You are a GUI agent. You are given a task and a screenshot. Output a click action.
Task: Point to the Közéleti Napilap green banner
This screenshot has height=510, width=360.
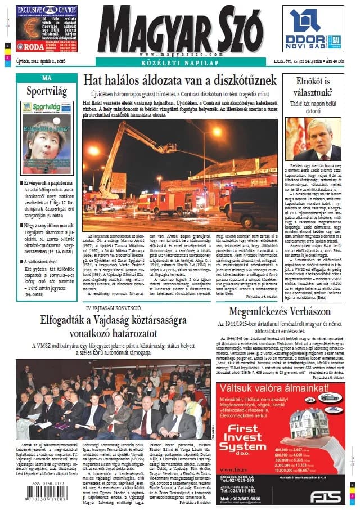point(181,62)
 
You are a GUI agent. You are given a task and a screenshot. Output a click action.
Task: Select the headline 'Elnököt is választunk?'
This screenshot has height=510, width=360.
point(313,87)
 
